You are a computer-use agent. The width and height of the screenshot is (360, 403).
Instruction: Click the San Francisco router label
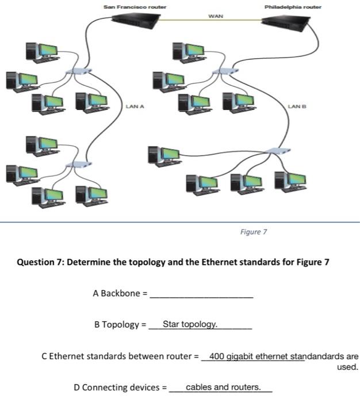[x=135, y=6]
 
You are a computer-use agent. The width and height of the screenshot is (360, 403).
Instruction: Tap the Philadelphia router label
[x=293, y=6]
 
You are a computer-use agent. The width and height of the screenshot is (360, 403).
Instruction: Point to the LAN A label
[x=135, y=107]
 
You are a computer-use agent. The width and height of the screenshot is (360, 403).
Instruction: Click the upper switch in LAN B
[x=225, y=72]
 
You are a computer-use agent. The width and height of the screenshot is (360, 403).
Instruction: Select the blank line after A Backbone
[x=201, y=295]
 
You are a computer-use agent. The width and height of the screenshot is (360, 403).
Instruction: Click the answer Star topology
[x=190, y=324]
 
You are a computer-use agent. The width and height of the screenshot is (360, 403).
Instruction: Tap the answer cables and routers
[x=223, y=387]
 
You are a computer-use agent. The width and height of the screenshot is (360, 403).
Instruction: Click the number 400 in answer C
[x=217, y=356]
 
